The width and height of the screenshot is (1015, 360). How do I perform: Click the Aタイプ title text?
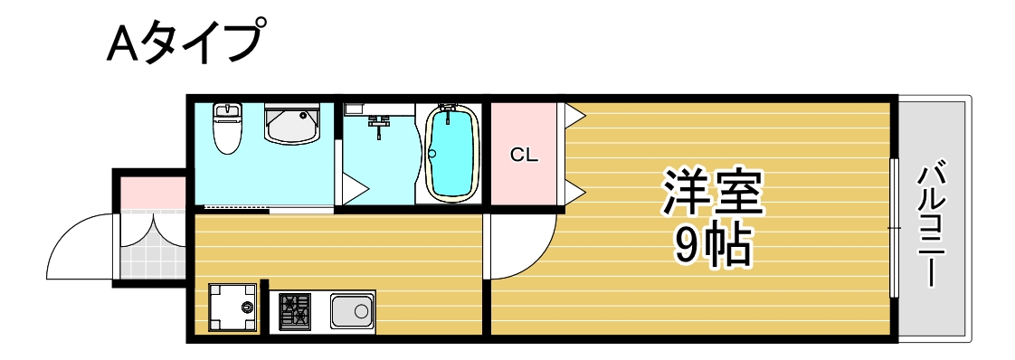186,43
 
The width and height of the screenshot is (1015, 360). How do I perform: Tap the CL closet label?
524,155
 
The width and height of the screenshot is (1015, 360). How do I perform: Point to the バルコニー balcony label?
933,223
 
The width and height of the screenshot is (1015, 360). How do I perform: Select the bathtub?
451,154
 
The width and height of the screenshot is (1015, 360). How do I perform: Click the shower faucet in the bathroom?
379,121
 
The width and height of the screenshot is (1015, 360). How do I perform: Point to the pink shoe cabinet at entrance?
152,193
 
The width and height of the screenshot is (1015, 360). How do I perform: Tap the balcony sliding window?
893,228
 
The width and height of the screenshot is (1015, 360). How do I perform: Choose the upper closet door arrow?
574,115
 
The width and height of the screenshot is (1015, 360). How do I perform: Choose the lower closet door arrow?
574,191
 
